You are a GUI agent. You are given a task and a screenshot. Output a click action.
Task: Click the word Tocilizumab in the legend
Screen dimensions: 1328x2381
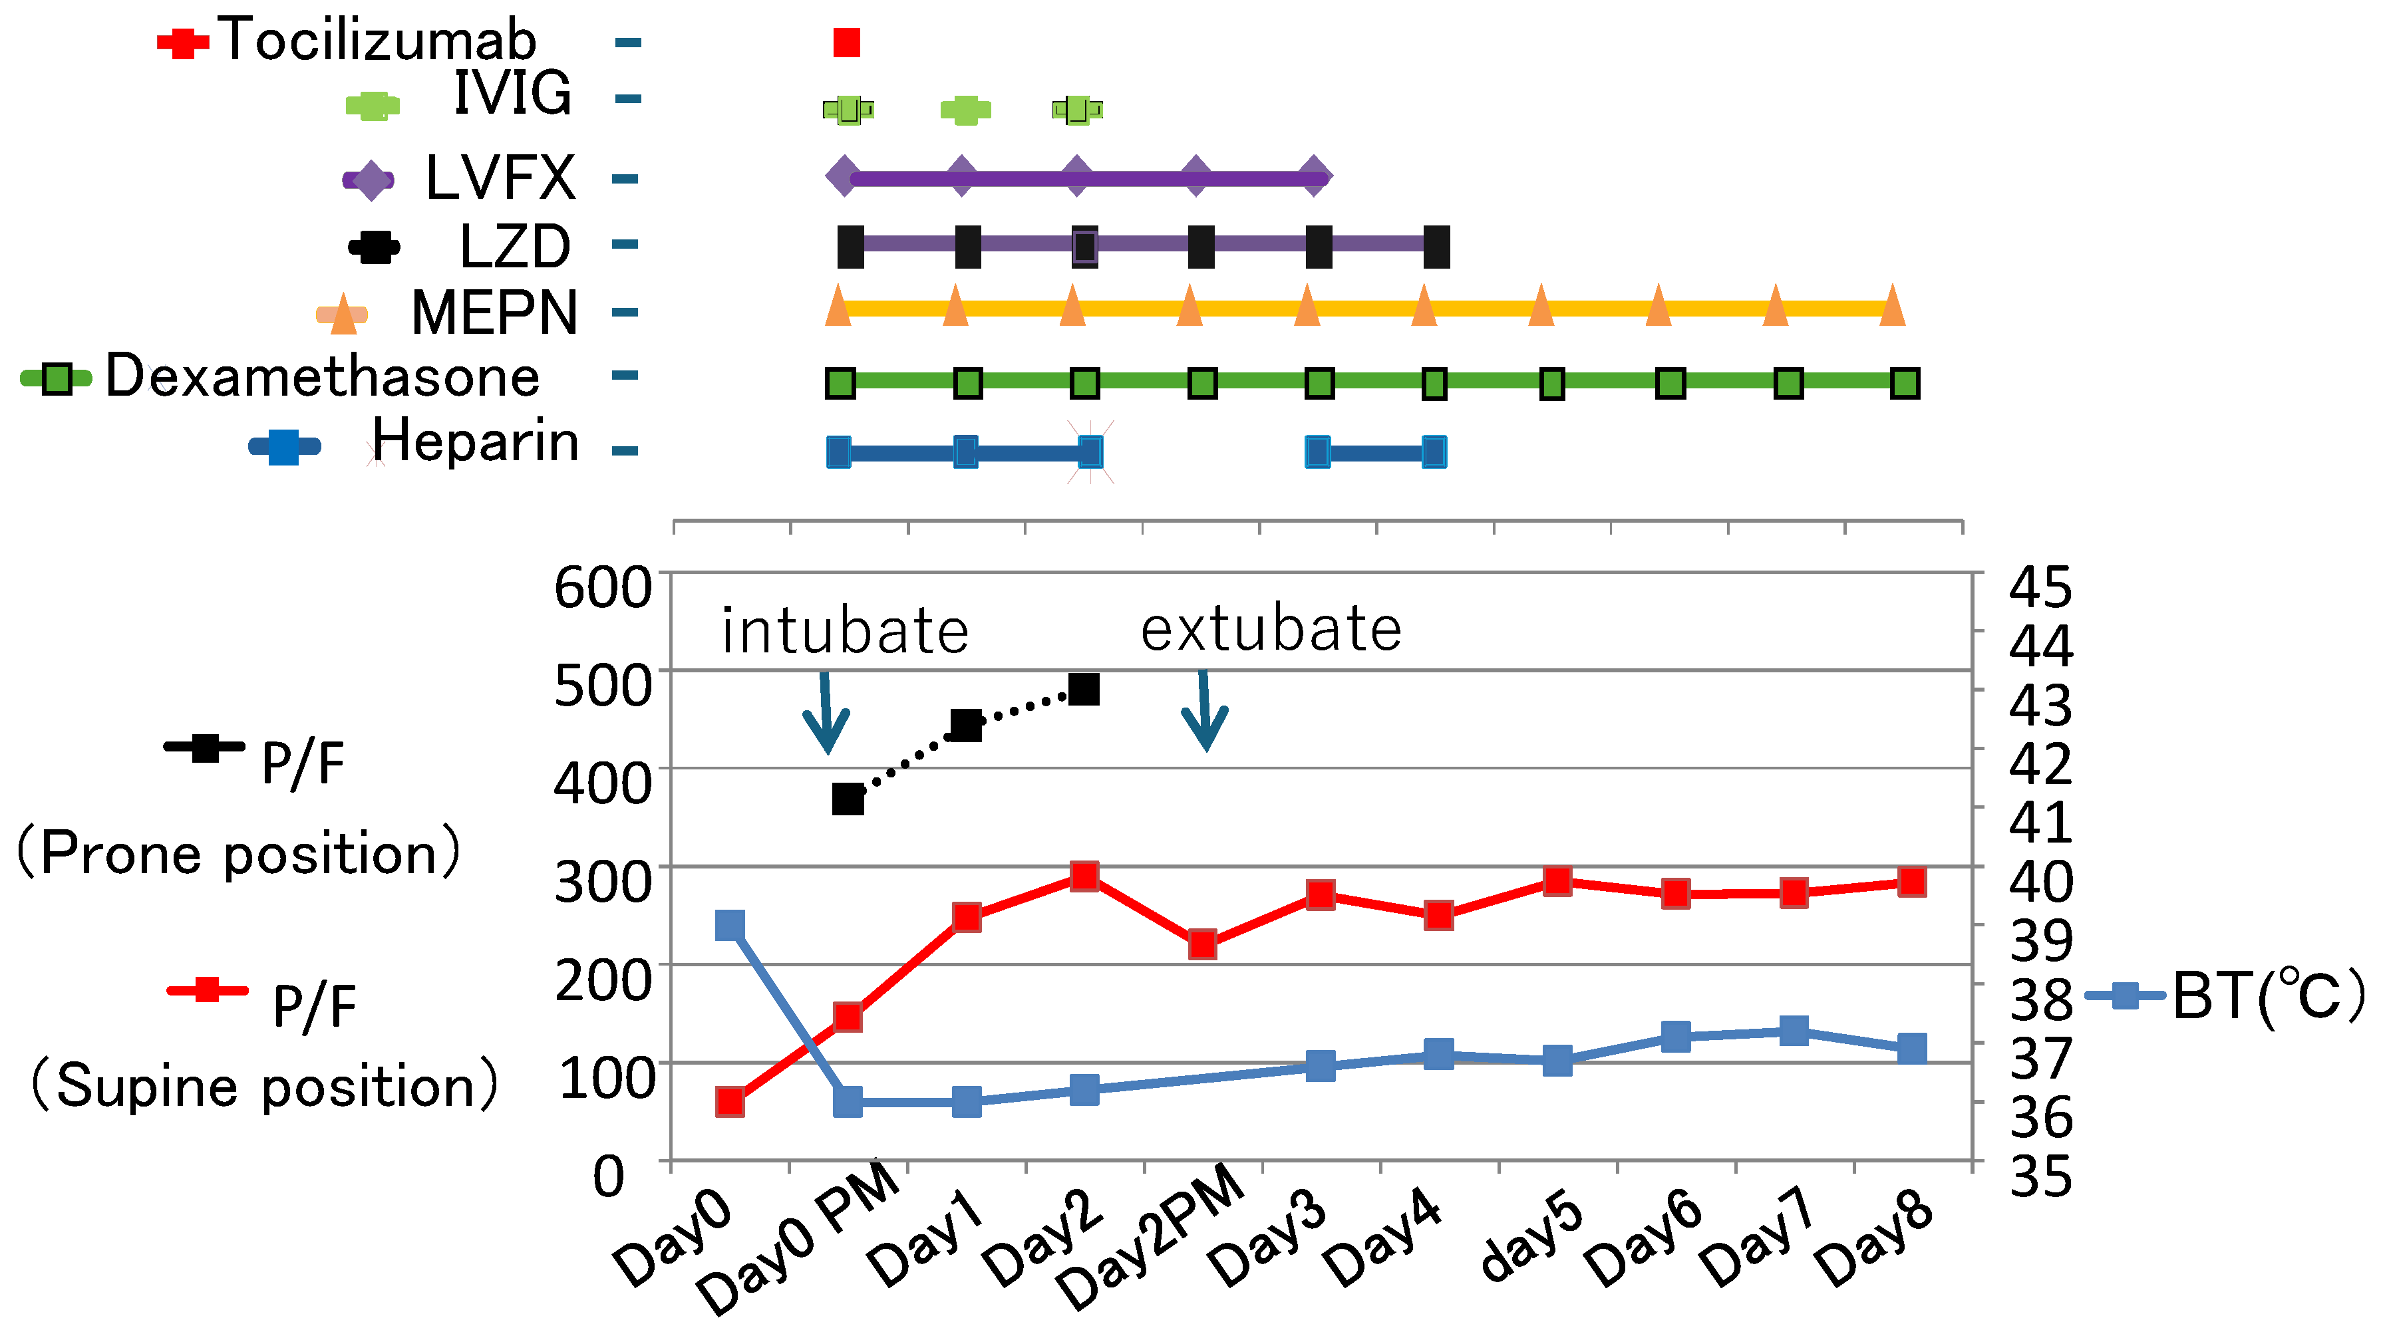click(x=377, y=41)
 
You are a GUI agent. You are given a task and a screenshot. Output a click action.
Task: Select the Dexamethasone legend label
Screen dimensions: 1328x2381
click(x=321, y=376)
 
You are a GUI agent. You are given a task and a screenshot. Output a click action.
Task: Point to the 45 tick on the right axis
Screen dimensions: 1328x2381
click(x=2040, y=588)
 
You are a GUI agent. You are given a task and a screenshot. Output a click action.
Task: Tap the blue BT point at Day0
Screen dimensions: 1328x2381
click(x=730, y=925)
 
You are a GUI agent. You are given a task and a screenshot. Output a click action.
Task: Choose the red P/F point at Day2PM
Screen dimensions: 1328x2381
click(x=1201, y=944)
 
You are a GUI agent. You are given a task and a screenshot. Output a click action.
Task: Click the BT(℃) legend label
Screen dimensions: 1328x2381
click(x=2267, y=996)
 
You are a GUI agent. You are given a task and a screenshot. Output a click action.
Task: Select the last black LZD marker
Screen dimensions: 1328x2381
click(x=1436, y=247)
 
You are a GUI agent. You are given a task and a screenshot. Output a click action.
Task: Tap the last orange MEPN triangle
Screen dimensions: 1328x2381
click(x=1892, y=306)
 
